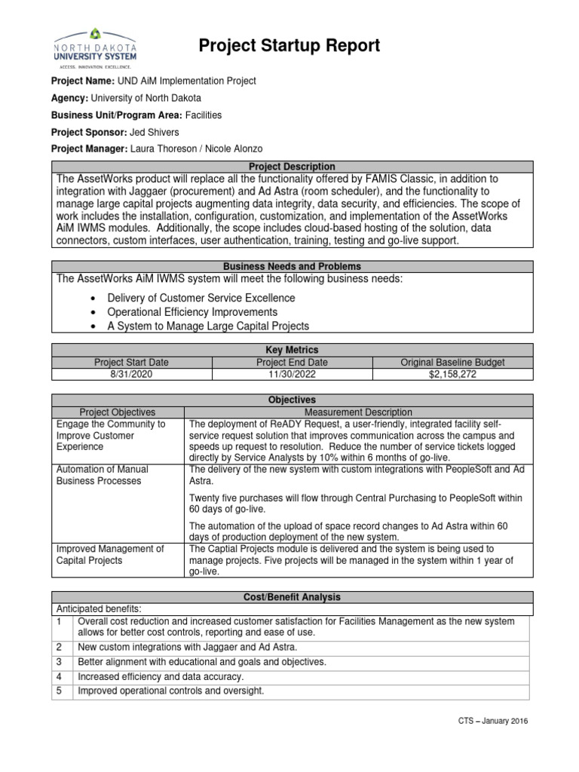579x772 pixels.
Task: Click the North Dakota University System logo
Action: click(95, 47)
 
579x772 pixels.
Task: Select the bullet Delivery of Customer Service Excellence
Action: click(201, 298)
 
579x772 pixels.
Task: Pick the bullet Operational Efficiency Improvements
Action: click(192, 312)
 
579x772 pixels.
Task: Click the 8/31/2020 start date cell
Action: click(131, 374)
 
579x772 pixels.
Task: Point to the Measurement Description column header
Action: click(358, 412)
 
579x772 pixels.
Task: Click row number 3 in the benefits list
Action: click(58, 662)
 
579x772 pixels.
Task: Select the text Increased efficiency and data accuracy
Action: click(161, 677)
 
